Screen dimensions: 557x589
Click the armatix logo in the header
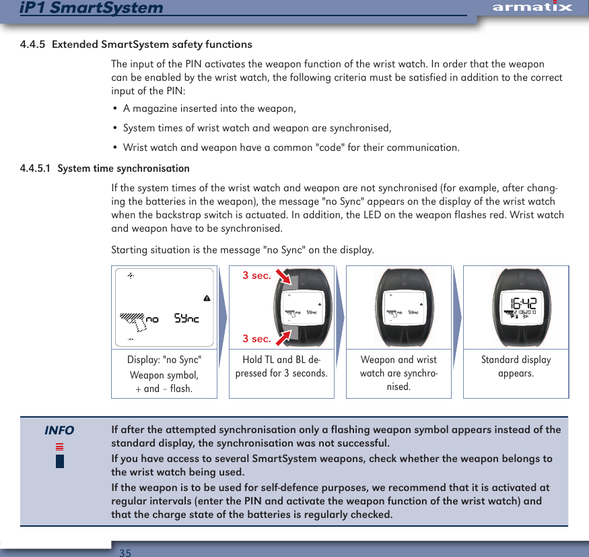pyautogui.click(x=532, y=7)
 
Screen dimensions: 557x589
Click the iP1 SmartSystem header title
pyautogui.click(x=92, y=8)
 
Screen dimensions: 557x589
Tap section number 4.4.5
pyautogui.click(x=33, y=44)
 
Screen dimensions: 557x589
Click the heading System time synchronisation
pyautogui.click(x=123, y=168)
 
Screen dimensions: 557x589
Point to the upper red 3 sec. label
pyautogui.click(x=256, y=275)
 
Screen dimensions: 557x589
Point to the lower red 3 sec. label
pyautogui.click(x=256, y=338)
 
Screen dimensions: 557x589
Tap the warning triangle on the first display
pyautogui.click(x=207, y=298)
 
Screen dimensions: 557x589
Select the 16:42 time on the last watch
pyautogui.click(x=522, y=303)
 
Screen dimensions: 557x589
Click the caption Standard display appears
pyautogui.click(x=516, y=366)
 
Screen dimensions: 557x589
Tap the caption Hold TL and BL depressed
pyautogui.click(x=281, y=366)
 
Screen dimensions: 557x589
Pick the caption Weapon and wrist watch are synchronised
pyautogui.click(x=399, y=373)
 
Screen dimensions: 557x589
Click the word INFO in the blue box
pyautogui.click(x=59, y=430)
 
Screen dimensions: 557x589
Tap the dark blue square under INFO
pyautogui.click(x=60, y=461)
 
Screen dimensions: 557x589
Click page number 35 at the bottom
pyautogui.click(x=125, y=552)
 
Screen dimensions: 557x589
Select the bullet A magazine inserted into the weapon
pyautogui.click(x=209, y=109)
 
